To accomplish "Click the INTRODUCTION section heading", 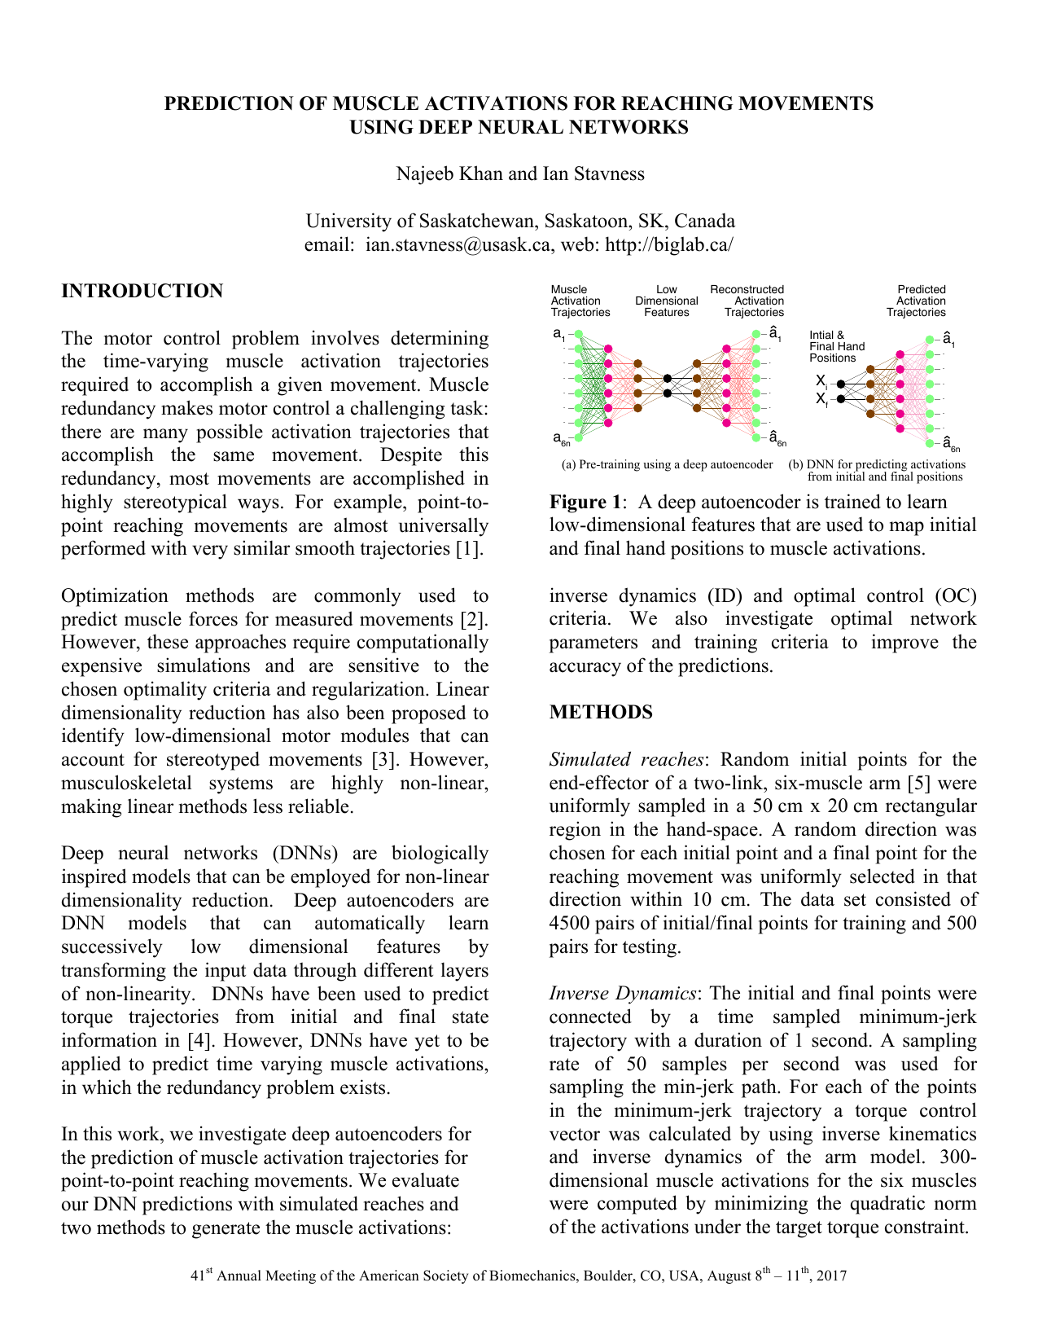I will click(x=142, y=292).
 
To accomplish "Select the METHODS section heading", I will click(x=601, y=713).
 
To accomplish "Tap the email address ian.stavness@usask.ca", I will click(x=458, y=245).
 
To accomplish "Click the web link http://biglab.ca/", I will click(x=669, y=245).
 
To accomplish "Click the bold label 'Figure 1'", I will click(x=583, y=503).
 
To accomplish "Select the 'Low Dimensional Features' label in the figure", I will click(x=666, y=301).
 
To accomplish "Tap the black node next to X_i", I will click(x=841, y=384).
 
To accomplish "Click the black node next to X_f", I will click(x=841, y=399).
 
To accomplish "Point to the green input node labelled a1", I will click(x=579, y=334).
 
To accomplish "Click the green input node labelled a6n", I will click(x=579, y=437).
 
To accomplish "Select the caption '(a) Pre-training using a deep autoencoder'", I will click(x=667, y=464).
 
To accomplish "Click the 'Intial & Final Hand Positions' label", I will click(x=837, y=346).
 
